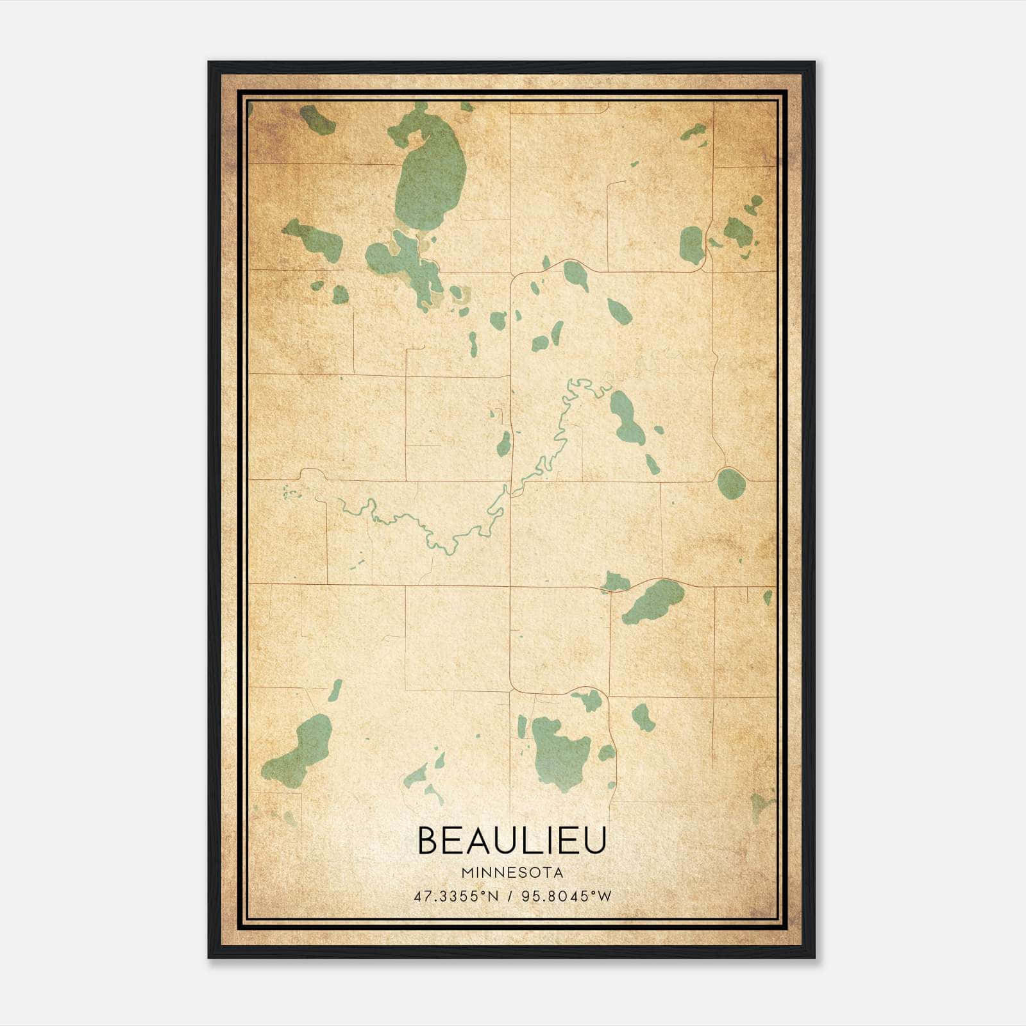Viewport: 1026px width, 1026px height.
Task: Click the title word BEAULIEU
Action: (x=512, y=841)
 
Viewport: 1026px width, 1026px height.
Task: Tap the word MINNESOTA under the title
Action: (x=512, y=873)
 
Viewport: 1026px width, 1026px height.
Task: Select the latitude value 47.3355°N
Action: (x=456, y=896)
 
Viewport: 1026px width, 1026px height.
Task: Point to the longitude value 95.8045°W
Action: (x=567, y=896)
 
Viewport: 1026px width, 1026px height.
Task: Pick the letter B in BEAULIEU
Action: (x=428, y=841)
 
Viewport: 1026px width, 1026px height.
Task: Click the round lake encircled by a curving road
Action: (x=731, y=483)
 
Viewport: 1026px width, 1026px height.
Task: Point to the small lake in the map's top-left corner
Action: (x=316, y=119)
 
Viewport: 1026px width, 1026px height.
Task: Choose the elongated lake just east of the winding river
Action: (x=626, y=417)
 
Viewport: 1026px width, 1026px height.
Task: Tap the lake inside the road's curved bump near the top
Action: (x=575, y=275)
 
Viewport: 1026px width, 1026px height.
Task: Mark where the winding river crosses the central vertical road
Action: (x=510, y=491)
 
